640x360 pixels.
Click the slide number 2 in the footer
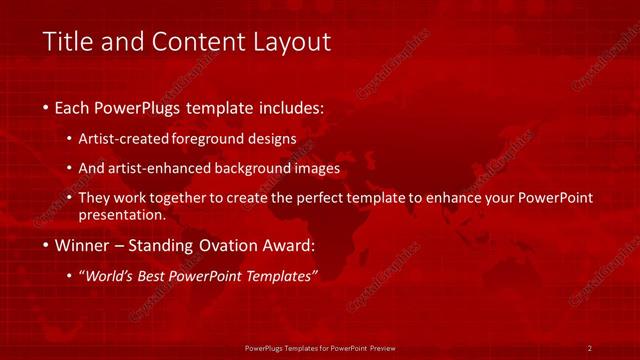point(590,348)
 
